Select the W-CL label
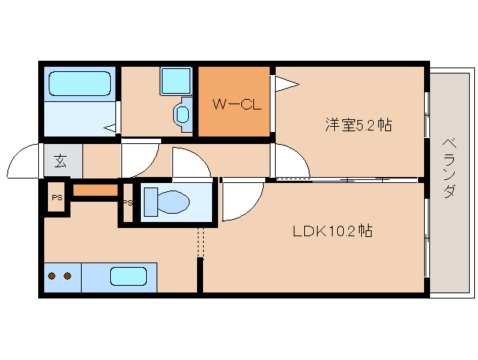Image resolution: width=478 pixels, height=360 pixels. point(235,105)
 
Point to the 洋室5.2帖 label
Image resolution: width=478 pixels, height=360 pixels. point(357,125)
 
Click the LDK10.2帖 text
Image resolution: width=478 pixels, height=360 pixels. point(332,231)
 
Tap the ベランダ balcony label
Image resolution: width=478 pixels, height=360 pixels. point(449,167)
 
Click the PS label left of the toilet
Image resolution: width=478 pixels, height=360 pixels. point(127,203)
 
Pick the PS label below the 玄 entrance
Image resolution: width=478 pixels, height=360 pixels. point(57,198)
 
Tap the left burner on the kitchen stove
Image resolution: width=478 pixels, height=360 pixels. point(52,276)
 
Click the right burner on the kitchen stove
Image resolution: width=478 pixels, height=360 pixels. point(67,276)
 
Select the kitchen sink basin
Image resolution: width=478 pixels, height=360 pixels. point(128,276)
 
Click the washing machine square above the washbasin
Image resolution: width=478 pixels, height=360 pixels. point(176,80)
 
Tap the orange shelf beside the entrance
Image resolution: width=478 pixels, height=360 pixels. point(95,190)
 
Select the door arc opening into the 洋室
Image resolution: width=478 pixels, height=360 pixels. point(291,160)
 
